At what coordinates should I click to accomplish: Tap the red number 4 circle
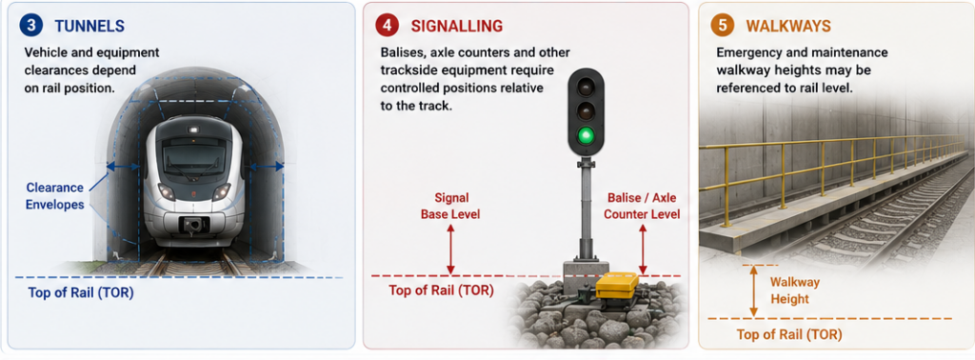point(387,26)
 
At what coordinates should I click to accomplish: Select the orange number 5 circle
point(722,26)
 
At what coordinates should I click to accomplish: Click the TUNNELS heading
point(90,26)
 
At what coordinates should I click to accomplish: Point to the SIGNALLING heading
point(456,26)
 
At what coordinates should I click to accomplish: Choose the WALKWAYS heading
point(788,26)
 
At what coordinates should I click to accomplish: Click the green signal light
point(586,135)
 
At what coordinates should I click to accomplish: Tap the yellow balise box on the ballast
point(617,286)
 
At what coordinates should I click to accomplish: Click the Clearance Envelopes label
point(54,196)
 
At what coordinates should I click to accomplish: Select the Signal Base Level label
point(450,207)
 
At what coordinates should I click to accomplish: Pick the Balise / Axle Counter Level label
point(643,207)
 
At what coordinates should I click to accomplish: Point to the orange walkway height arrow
point(754,291)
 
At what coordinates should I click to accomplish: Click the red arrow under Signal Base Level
point(450,250)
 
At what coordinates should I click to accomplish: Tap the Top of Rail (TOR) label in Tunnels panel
point(81,292)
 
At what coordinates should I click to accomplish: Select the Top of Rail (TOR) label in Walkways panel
point(789,334)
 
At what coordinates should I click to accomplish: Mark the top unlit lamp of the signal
point(586,87)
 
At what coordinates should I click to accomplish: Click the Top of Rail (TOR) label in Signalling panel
point(441,290)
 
